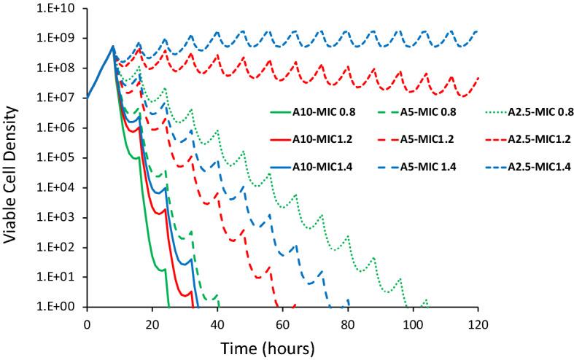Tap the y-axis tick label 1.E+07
click(x=60, y=98)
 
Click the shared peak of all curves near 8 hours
click(x=113, y=47)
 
